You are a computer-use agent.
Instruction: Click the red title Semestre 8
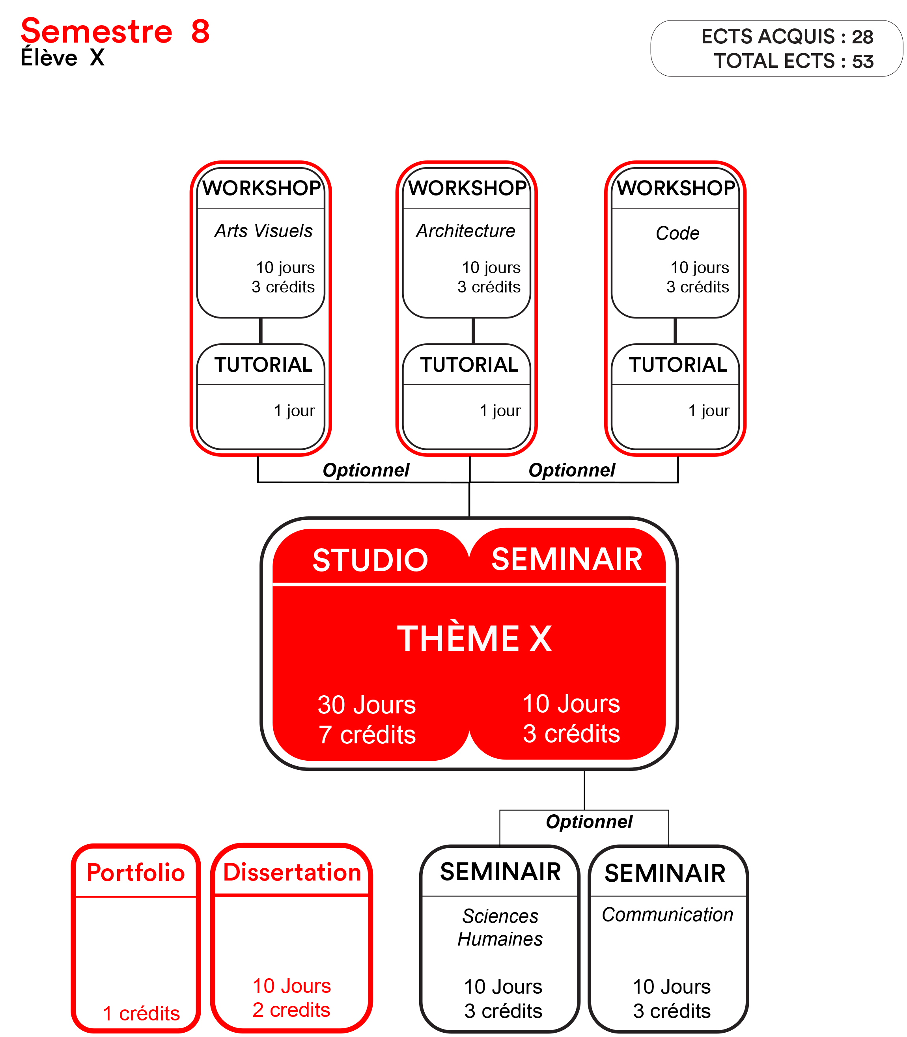tap(115, 32)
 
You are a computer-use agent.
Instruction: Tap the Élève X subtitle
tap(62, 58)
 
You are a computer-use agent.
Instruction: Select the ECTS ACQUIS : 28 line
tap(787, 37)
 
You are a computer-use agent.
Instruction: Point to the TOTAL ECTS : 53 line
tap(793, 61)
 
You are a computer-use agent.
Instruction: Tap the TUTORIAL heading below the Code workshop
tap(678, 365)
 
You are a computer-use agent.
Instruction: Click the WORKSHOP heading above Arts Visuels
tap(262, 188)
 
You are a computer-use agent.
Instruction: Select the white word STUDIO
tap(370, 560)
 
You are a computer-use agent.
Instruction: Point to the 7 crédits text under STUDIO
tap(367, 735)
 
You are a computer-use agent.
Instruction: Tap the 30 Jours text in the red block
tap(366, 705)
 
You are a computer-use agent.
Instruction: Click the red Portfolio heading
tap(136, 873)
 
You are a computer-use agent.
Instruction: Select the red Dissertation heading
tap(292, 872)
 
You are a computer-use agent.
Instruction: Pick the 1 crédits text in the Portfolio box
tap(141, 1014)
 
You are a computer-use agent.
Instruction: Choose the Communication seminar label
tap(668, 914)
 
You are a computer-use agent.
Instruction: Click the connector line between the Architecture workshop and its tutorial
tap(473, 331)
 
